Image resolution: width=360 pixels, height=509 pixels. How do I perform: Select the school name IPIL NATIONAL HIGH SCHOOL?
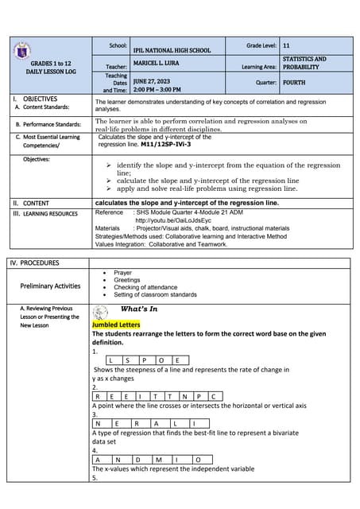(x=172, y=50)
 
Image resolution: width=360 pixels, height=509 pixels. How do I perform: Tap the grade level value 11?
(x=286, y=46)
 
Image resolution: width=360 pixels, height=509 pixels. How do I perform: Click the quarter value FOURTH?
(x=293, y=82)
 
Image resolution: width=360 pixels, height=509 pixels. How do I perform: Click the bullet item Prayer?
(x=122, y=273)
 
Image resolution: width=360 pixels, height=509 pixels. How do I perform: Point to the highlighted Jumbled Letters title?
(x=115, y=324)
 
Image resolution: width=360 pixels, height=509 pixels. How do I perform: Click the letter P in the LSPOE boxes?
(x=145, y=360)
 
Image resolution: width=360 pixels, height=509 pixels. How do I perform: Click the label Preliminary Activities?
(x=50, y=286)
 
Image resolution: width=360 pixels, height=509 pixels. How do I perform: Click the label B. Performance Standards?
(x=48, y=125)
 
